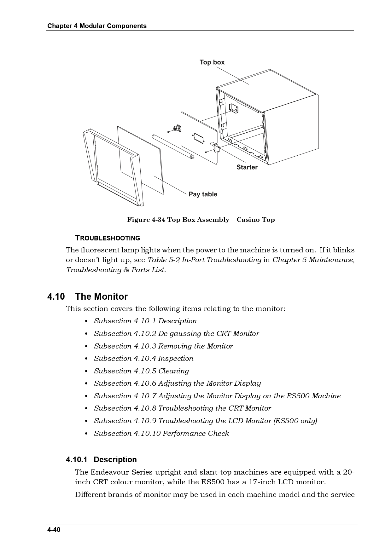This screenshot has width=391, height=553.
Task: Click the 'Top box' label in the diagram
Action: pyautogui.click(x=212, y=62)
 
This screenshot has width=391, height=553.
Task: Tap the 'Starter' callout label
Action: pyautogui.click(x=247, y=167)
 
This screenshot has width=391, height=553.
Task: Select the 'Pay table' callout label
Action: pyautogui.click(x=203, y=194)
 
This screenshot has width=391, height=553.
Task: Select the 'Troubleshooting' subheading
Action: pyautogui.click(x=107, y=238)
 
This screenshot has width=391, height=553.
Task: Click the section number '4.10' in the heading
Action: pyautogui.click(x=56, y=297)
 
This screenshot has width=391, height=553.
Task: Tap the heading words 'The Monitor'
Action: pyautogui.click(x=101, y=297)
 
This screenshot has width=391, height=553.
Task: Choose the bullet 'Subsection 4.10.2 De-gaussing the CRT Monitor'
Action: pyautogui.click(x=176, y=334)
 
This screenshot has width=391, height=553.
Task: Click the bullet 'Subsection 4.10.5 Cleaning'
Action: pyautogui.click(x=141, y=371)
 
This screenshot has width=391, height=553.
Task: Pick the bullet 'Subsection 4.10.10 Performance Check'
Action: pyautogui.click(x=161, y=434)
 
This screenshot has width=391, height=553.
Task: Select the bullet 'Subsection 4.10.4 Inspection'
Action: pyautogui.click(x=143, y=359)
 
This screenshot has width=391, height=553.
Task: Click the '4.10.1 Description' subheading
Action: pyautogui.click(x=101, y=460)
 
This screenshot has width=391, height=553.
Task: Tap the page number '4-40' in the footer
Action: pyautogui.click(x=54, y=530)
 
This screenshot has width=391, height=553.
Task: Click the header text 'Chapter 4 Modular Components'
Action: pyautogui.click(x=97, y=26)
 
